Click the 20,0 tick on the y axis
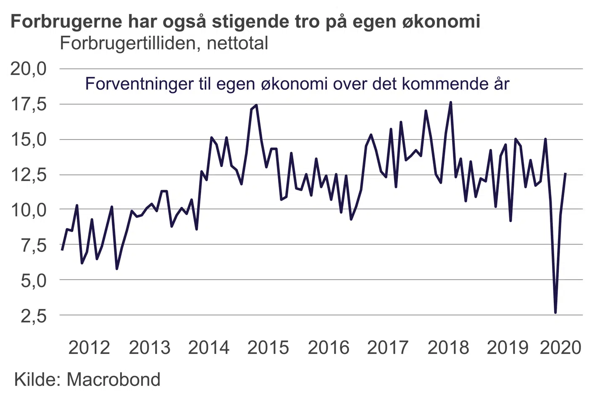28,69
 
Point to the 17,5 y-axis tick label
28,104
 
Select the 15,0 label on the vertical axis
28,139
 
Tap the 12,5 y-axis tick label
28,175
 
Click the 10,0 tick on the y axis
28,209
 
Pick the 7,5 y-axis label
34,245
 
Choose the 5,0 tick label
34,280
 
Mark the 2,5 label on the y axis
34,315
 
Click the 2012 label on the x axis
89,348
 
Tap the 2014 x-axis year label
209,348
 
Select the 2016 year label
329,348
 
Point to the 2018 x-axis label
448,348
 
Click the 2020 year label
560,348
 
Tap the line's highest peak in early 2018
450,102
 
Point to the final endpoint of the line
566,173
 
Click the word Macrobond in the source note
113,379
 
